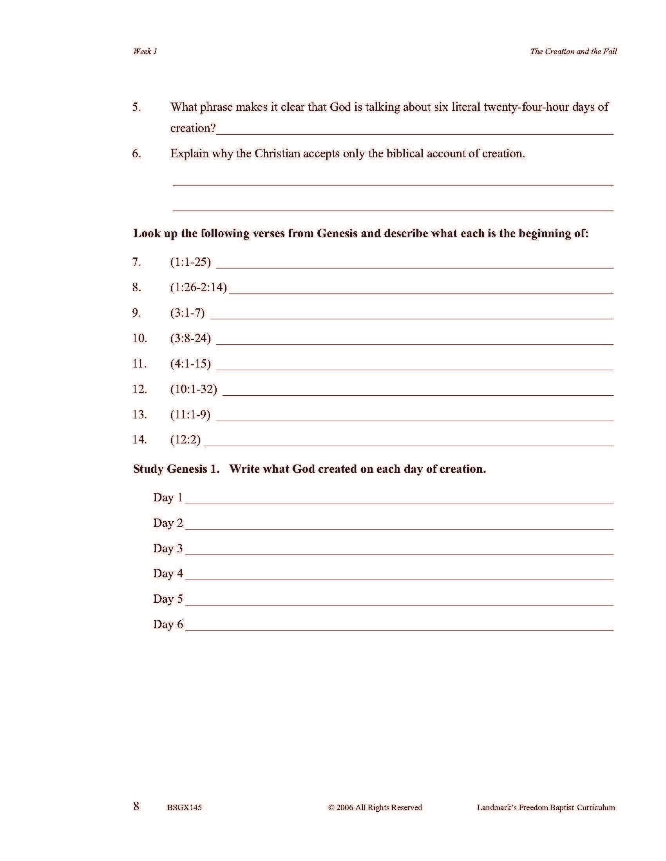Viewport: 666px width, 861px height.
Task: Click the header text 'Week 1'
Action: pos(145,51)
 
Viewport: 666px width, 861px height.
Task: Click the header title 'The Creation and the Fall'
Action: pos(573,51)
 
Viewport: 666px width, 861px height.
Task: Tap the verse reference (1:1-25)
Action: pos(190,262)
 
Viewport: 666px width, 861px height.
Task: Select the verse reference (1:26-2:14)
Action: pos(199,287)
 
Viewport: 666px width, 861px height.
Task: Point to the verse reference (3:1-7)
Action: pos(187,313)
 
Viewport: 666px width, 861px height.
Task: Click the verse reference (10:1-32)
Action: pos(194,389)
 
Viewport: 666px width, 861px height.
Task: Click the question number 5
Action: pos(136,107)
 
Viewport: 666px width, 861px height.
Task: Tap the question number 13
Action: pos(139,414)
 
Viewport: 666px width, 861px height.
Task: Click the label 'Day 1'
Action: pos(168,497)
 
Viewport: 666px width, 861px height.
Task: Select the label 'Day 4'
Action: pos(168,573)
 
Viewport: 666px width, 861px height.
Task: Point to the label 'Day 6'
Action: pos(168,624)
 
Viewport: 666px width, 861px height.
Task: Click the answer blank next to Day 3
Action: pos(398,550)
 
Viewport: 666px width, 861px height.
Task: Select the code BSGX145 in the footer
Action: pos(184,807)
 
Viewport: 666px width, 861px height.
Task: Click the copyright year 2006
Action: pos(345,807)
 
